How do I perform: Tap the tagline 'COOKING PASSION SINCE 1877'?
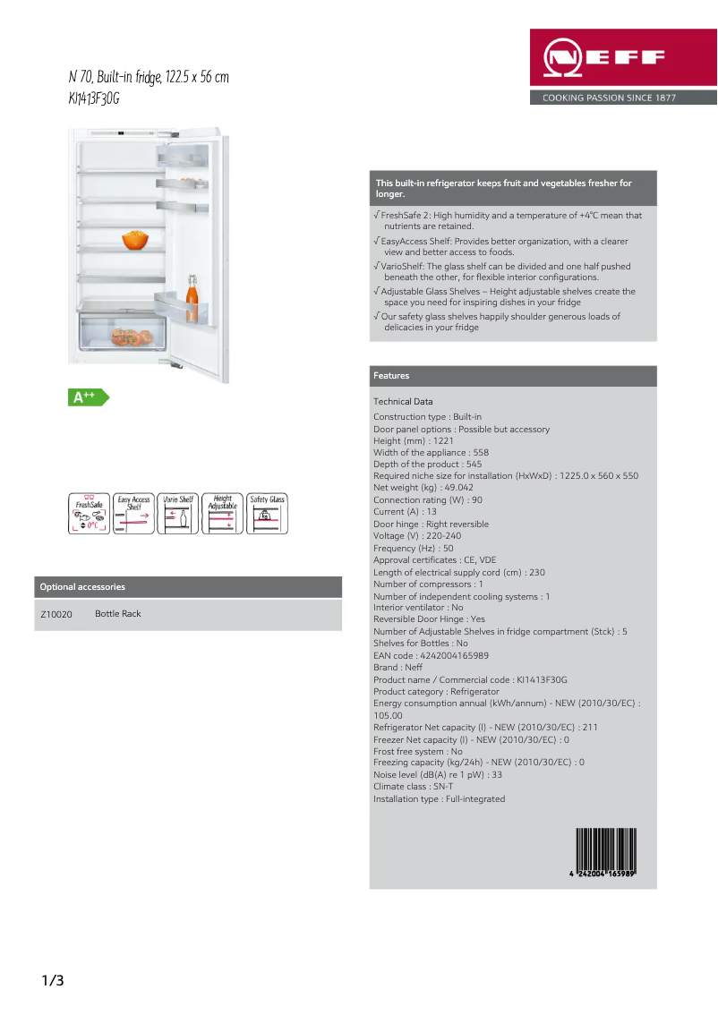(609, 98)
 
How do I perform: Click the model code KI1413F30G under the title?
(94, 98)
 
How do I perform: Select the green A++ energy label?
(87, 397)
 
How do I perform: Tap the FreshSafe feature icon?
(89, 514)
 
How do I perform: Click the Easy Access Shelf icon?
(133, 514)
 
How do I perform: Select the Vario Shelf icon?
(178, 514)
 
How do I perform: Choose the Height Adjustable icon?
(222, 514)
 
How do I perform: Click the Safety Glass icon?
(267, 514)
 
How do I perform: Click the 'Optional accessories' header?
(82, 587)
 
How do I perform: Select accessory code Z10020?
(56, 614)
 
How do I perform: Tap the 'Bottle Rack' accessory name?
(118, 614)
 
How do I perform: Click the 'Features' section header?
(391, 376)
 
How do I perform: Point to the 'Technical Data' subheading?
(403, 402)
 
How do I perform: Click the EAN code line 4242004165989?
(431, 656)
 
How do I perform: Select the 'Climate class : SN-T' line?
(413, 787)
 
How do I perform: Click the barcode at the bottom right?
(604, 855)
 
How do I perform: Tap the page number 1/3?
(53, 981)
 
